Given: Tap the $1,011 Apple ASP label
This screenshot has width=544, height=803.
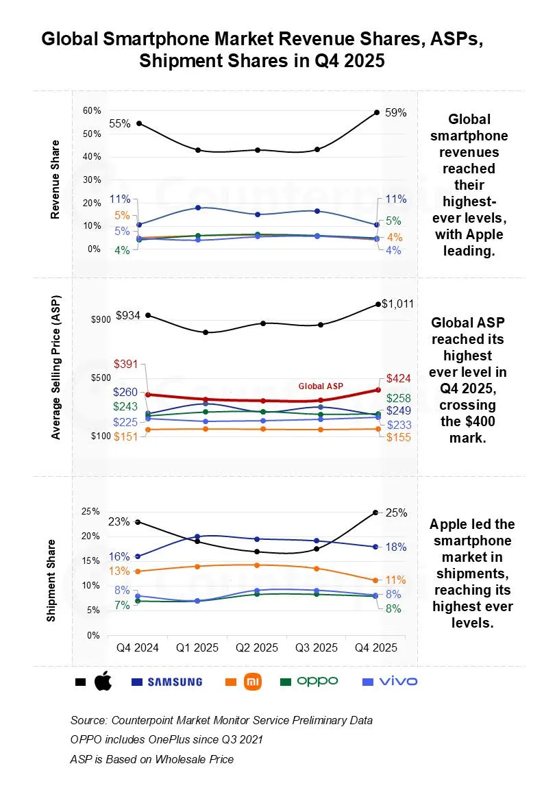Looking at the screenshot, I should [397, 304].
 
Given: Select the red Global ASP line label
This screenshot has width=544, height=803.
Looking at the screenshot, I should [320, 386].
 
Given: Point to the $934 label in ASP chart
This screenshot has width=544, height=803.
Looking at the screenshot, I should [129, 315].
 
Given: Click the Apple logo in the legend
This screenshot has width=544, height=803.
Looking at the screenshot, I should [102, 682].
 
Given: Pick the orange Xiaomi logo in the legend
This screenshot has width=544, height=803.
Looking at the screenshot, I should [253, 682].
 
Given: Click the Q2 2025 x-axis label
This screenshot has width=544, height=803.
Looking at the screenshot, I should [258, 647].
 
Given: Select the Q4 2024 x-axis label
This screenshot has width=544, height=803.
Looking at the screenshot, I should [138, 647].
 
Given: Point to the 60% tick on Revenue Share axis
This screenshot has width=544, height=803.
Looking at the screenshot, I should [92, 110].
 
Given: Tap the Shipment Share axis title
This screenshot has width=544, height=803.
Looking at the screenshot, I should [51, 580].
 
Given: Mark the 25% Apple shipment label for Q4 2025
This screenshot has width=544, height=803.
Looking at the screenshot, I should [396, 512].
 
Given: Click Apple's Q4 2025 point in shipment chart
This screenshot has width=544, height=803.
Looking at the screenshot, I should [375, 512].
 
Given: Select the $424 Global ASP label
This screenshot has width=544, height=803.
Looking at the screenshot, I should [398, 378].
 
